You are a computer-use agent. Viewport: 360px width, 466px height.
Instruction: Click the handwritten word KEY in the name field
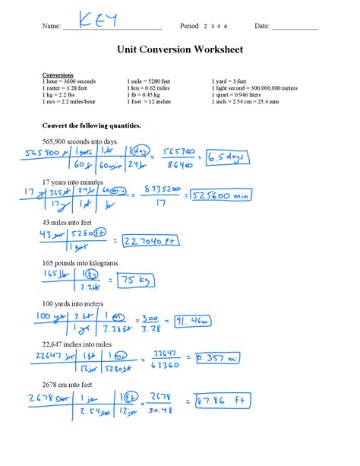(x=98, y=22)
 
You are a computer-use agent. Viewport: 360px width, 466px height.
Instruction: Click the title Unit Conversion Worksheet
(x=180, y=50)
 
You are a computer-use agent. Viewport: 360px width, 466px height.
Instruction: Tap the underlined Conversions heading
(x=58, y=75)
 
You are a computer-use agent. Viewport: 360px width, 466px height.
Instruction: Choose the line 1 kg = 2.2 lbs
(x=63, y=95)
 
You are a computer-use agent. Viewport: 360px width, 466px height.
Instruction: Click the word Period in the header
(x=189, y=27)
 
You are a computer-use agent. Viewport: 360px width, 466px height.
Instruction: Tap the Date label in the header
(x=262, y=27)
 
